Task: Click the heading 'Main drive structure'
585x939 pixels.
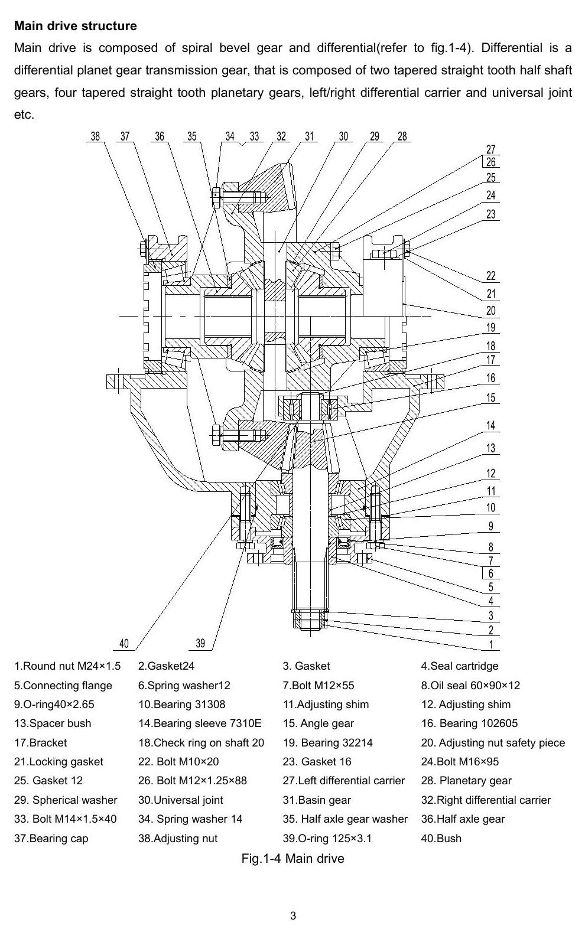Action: (x=76, y=26)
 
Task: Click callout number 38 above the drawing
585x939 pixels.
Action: (x=96, y=136)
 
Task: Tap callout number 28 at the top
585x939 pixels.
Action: (x=402, y=136)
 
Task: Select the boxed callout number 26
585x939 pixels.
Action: (x=491, y=162)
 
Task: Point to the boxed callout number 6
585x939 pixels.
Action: (x=491, y=573)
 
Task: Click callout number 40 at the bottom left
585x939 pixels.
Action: (x=124, y=644)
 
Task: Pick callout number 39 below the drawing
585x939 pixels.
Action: (x=200, y=644)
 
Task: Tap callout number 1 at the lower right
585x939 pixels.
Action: (x=491, y=644)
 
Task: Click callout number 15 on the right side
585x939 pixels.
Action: (x=491, y=397)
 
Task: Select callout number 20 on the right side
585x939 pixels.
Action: (x=491, y=311)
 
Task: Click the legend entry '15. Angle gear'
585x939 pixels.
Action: (x=318, y=723)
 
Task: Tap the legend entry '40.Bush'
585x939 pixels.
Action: (x=441, y=839)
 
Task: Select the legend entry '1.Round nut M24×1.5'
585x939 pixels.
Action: (x=67, y=666)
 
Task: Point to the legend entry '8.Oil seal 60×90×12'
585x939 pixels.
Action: (x=470, y=686)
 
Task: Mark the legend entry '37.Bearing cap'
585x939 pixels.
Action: (x=51, y=839)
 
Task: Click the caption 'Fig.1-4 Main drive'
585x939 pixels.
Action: (x=292, y=859)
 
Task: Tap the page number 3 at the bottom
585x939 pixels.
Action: (x=292, y=915)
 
